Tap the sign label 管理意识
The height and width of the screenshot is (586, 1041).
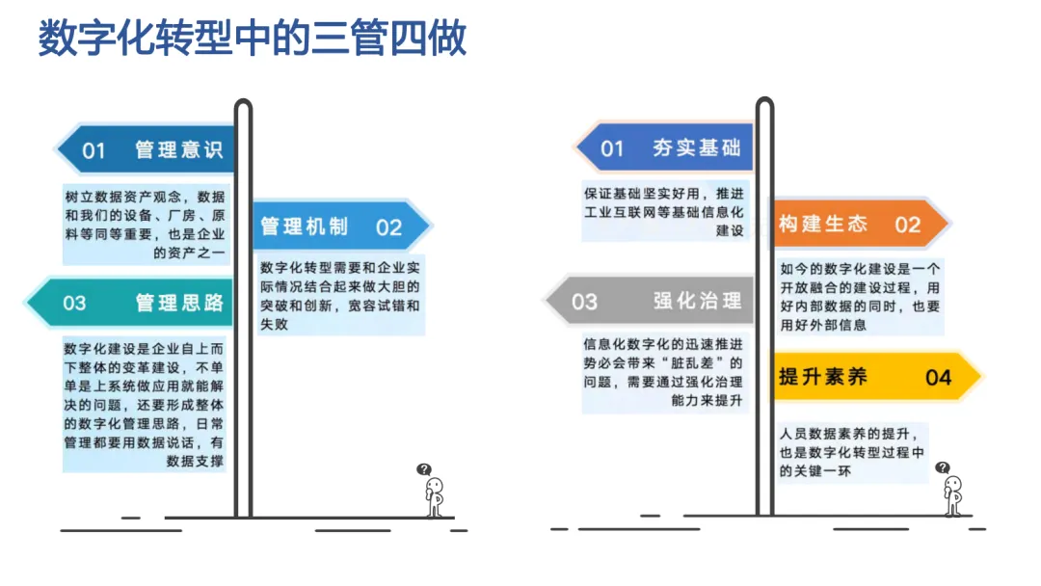click(x=179, y=149)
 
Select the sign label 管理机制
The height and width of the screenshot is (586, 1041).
click(x=304, y=226)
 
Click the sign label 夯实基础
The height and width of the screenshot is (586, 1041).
click(x=696, y=147)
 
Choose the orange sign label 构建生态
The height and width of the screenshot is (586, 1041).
click(x=823, y=224)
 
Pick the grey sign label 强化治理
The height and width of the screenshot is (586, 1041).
click(x=697, y=301)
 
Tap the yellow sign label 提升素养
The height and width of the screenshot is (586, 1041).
click(x=823, y=376)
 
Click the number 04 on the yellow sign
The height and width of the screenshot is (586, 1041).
click(x=938, y=377)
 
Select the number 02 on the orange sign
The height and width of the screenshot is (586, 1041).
click(x=907, y=225)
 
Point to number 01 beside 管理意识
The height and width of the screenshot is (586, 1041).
click(x=93, y=149)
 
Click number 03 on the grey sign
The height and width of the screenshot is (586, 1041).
click(x=584, y=302)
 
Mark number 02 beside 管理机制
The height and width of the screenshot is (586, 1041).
click(x=388, y=227)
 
